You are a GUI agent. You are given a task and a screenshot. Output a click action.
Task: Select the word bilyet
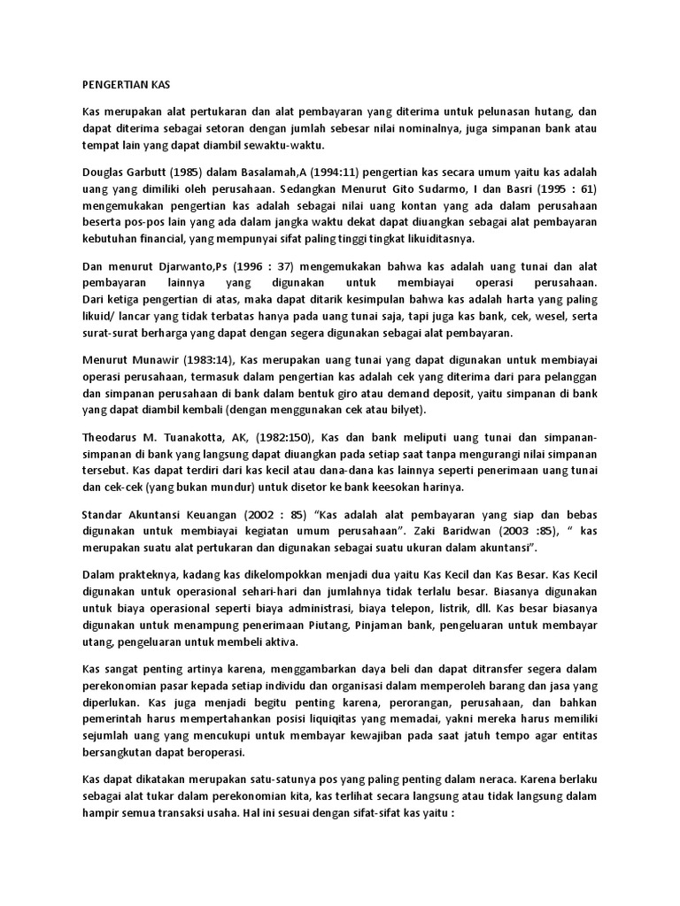point(406,409)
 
